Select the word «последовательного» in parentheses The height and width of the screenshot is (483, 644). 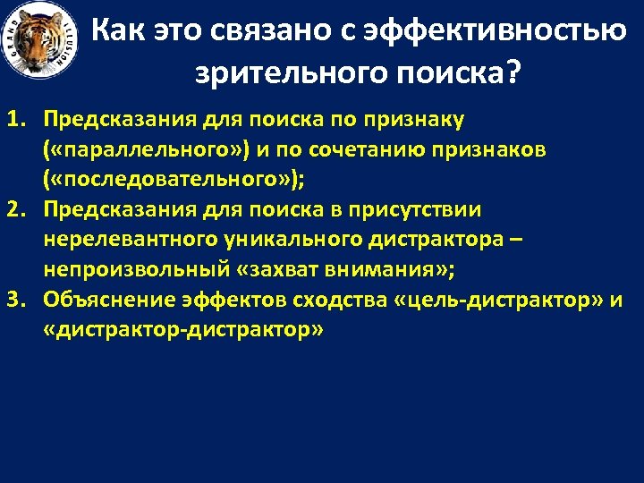(x=169, y=179)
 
